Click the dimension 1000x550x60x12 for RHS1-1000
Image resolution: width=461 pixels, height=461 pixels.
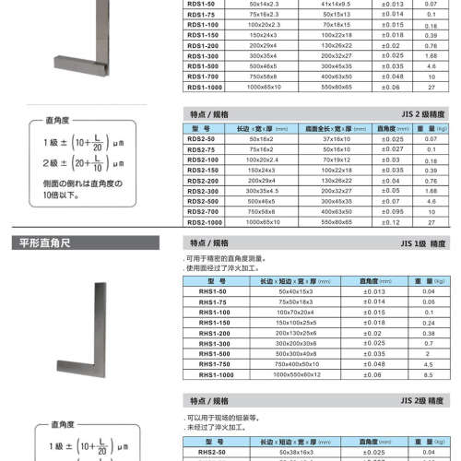[x=279, y=375]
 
